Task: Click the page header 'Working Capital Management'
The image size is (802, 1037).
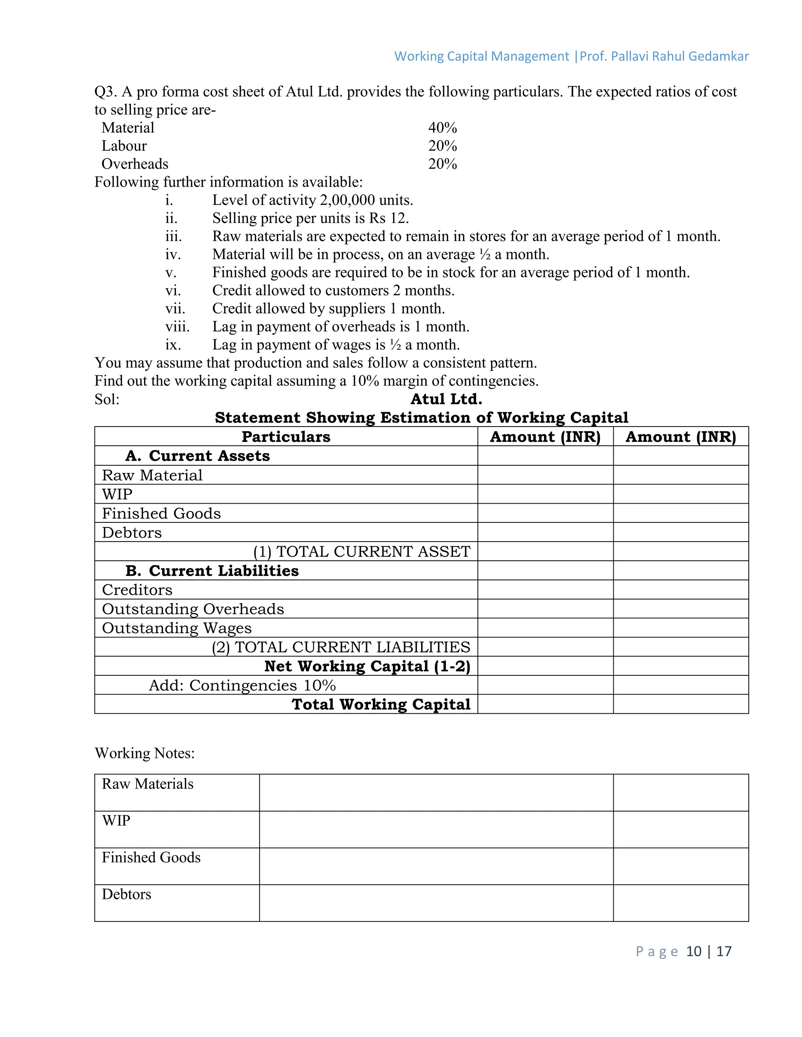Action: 481,56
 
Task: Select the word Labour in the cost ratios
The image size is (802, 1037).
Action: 124,146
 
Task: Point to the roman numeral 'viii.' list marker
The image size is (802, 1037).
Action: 177,327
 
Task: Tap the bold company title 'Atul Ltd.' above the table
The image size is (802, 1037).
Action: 446,399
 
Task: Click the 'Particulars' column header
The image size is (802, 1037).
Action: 285,437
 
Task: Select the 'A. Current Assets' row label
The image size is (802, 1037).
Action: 198,456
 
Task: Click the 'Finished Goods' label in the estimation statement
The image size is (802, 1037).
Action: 161,513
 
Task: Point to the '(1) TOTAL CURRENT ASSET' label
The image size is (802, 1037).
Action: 361,552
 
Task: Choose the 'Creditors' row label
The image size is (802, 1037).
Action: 137,590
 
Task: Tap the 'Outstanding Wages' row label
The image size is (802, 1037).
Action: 176,628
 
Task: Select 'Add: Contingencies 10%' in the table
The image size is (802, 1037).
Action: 242,685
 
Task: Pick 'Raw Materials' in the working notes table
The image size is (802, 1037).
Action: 147,784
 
